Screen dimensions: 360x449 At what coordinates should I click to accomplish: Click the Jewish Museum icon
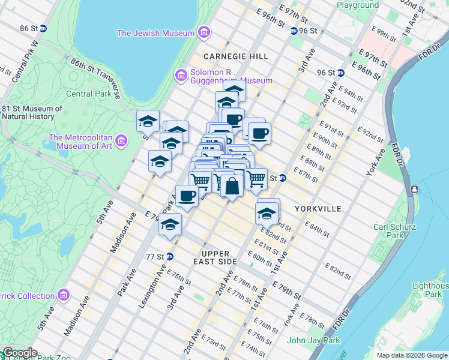204,32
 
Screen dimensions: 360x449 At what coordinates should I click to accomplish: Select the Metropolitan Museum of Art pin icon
122,141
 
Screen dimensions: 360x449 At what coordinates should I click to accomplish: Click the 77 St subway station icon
169,256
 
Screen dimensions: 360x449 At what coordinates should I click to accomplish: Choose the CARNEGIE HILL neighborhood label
235,56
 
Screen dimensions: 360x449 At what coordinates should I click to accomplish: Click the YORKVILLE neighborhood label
318,209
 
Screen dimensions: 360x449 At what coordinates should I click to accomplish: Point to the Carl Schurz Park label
388,231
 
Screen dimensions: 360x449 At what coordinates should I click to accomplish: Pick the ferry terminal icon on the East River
414,190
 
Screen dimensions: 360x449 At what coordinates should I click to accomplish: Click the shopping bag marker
232,185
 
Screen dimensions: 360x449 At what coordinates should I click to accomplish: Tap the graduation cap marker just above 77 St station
170,225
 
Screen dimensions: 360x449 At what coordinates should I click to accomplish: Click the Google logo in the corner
20,353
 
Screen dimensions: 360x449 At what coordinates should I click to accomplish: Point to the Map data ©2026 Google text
412,355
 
